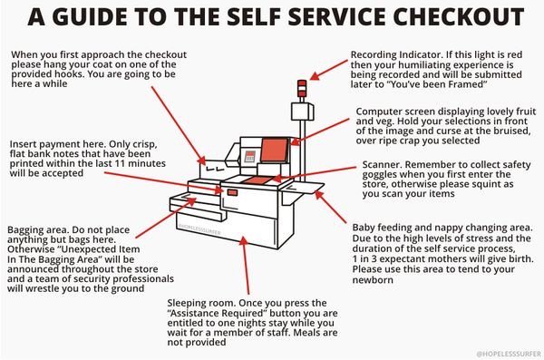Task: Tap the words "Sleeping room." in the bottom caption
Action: coord(198,300)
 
